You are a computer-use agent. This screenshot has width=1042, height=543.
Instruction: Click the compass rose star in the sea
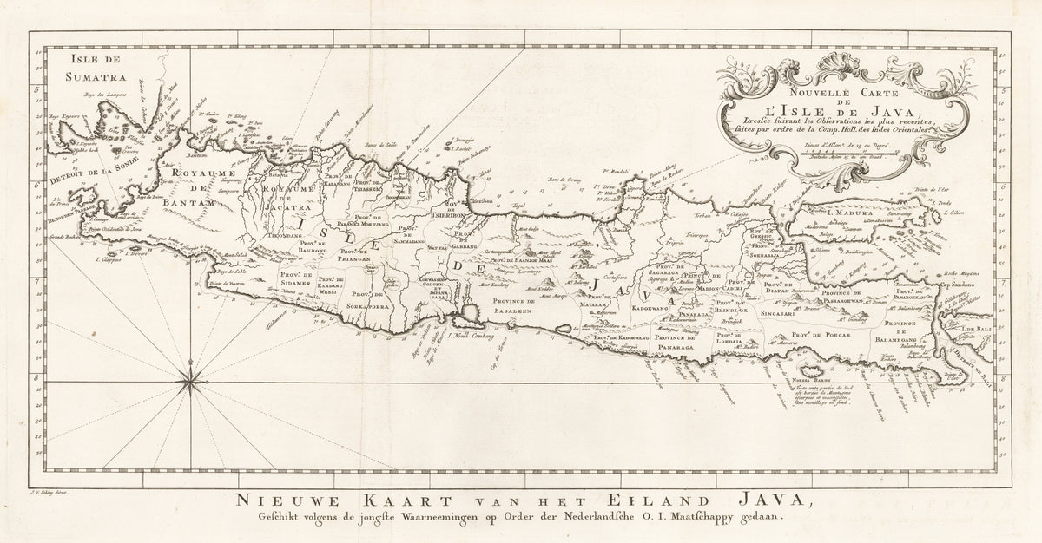[x=190, y=376]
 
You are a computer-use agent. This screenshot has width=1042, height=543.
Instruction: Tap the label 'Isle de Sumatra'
[x=85, y=67]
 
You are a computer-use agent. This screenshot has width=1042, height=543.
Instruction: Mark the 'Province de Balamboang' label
[x=907, y=330]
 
